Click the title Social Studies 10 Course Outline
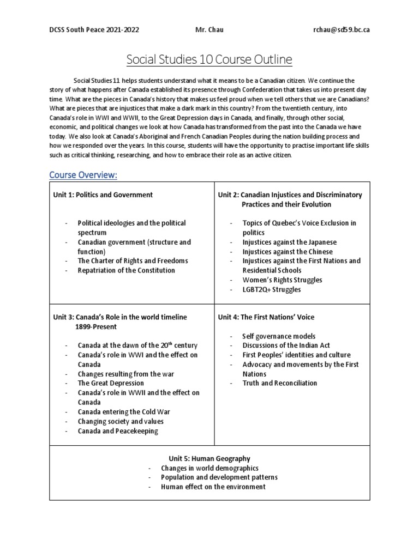pos(209,59)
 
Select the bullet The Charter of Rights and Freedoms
pos(133,260)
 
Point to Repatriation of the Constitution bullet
pos(126,270)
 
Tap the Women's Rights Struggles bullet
pos(282,280)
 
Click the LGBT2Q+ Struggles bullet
pos(272,289)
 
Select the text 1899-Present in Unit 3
pos(95,326)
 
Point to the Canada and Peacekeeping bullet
pos(117,430)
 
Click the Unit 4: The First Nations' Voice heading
pos(266,317)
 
